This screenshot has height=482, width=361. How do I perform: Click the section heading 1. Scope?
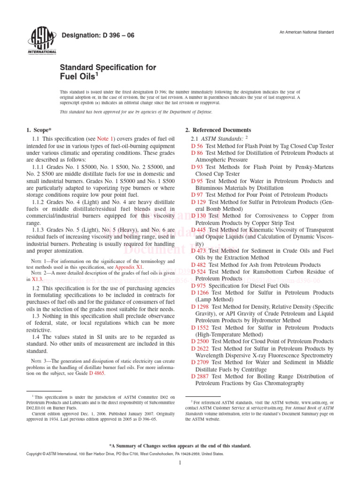pos(39,130)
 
